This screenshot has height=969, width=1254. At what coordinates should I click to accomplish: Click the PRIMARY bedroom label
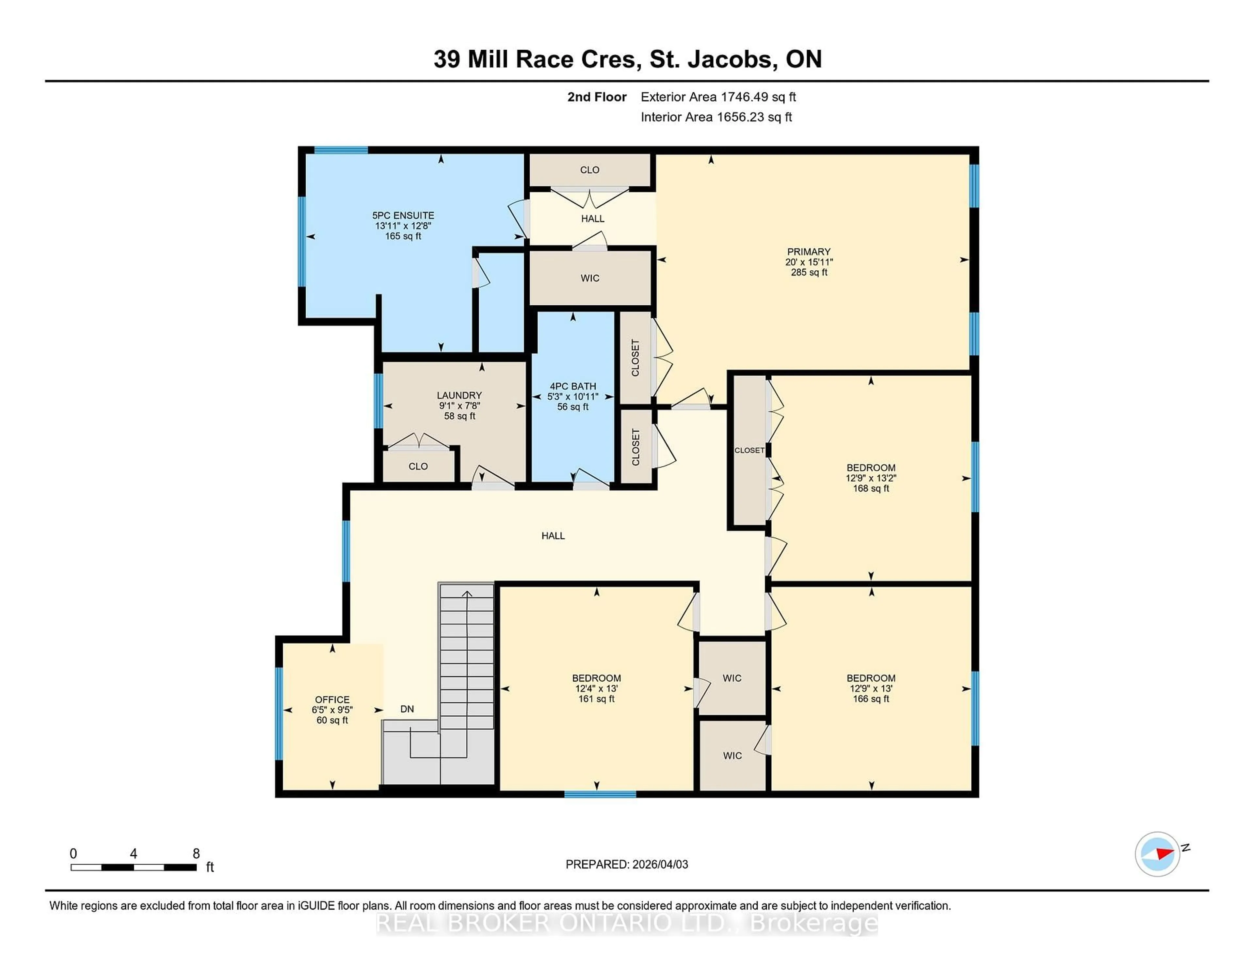[809, 251]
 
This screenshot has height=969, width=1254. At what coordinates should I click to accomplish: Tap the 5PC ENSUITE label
[403, 215]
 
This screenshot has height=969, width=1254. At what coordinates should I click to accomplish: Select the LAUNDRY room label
[459, 395]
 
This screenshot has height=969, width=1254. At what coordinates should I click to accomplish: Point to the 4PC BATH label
[572, 386]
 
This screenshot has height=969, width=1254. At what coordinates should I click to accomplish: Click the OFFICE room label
[332, 699]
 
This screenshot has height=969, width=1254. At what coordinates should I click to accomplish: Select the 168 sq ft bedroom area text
[870, 488]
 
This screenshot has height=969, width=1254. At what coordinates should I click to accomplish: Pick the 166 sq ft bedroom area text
[870, 699]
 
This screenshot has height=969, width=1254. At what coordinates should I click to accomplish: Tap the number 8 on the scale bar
[196, 854]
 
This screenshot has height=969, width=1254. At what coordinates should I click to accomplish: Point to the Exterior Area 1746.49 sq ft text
[718, 97]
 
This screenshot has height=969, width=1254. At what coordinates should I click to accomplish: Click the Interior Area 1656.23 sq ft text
[716, 117]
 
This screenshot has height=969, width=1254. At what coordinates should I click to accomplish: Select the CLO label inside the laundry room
[418, 466]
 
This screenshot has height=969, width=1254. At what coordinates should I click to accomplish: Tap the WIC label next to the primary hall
[590, 278]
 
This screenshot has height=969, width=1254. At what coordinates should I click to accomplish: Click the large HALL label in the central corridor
[553, 535]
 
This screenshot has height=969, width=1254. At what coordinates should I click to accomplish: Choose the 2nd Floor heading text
[597, 97]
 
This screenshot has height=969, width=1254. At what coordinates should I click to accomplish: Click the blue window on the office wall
[279, 714]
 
